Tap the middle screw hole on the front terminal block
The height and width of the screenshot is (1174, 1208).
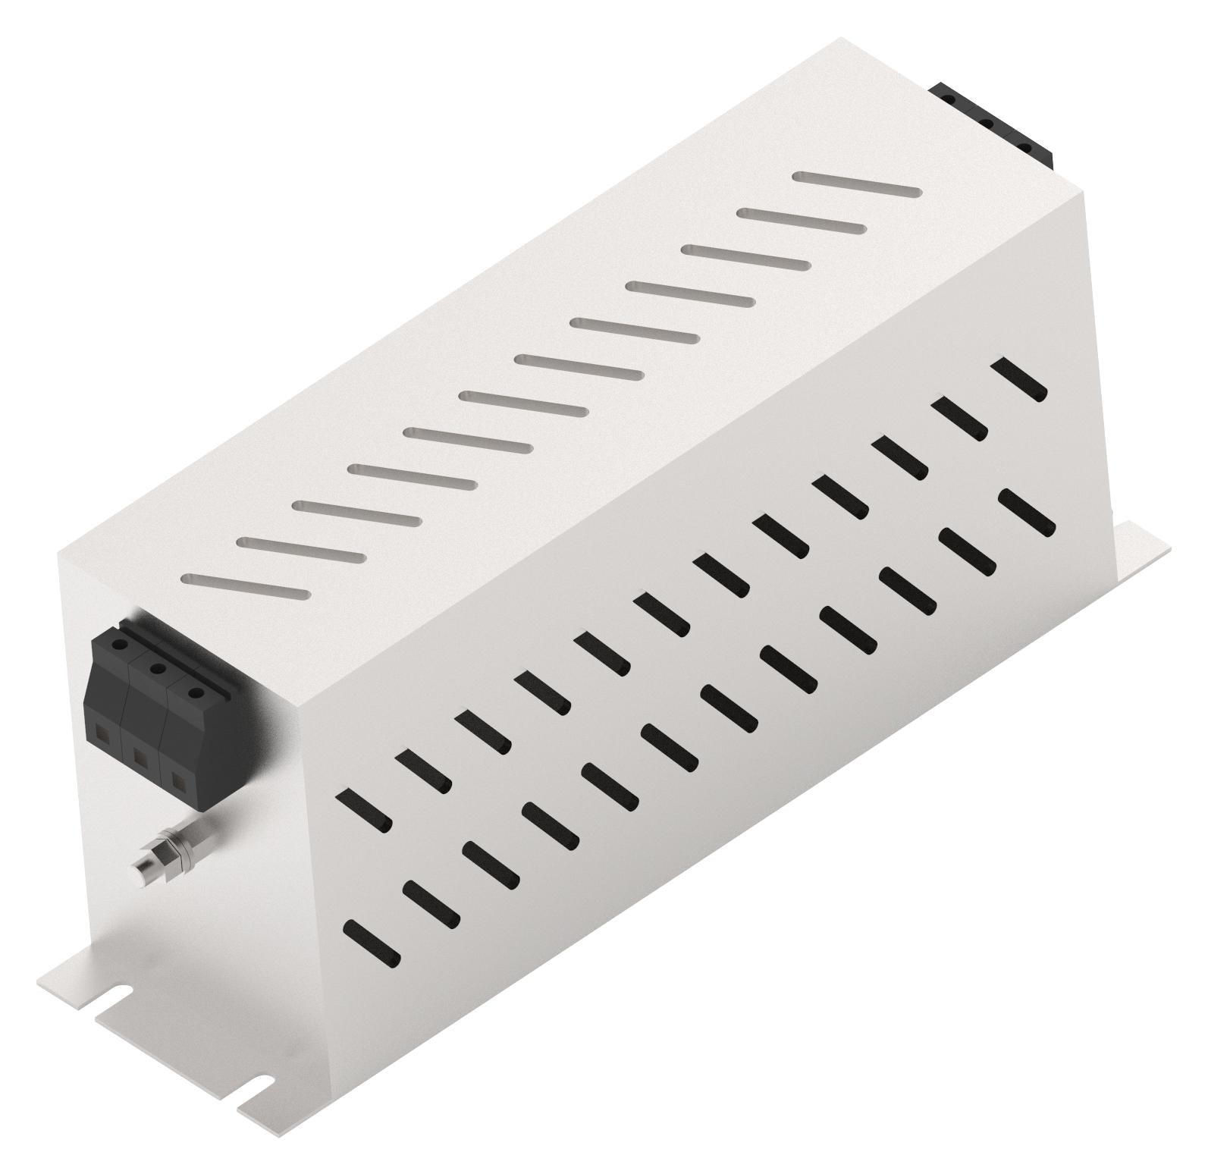158,668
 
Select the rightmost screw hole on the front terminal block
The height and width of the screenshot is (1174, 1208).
195,692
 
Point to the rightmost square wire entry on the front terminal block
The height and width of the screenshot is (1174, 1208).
177,779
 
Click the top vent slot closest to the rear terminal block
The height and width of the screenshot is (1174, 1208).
857,185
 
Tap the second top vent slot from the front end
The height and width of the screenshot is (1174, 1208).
301,548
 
